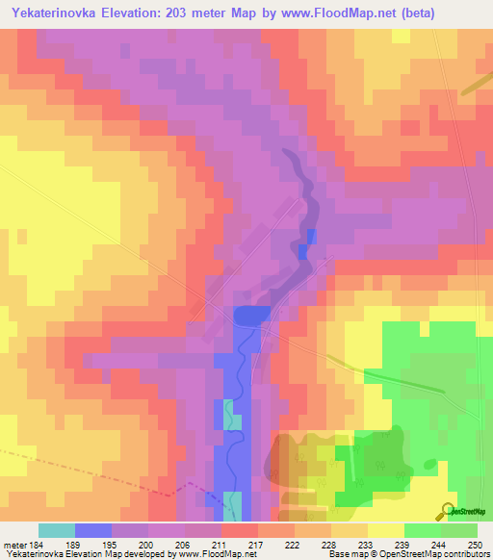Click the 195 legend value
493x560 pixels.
(x=107, y=544)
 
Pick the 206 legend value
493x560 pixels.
(x=180, y=544)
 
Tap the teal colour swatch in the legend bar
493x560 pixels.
(x=56, y=530)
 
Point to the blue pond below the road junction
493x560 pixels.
(x=251, y=316)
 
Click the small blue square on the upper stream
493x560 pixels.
(x=311, y=236)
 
